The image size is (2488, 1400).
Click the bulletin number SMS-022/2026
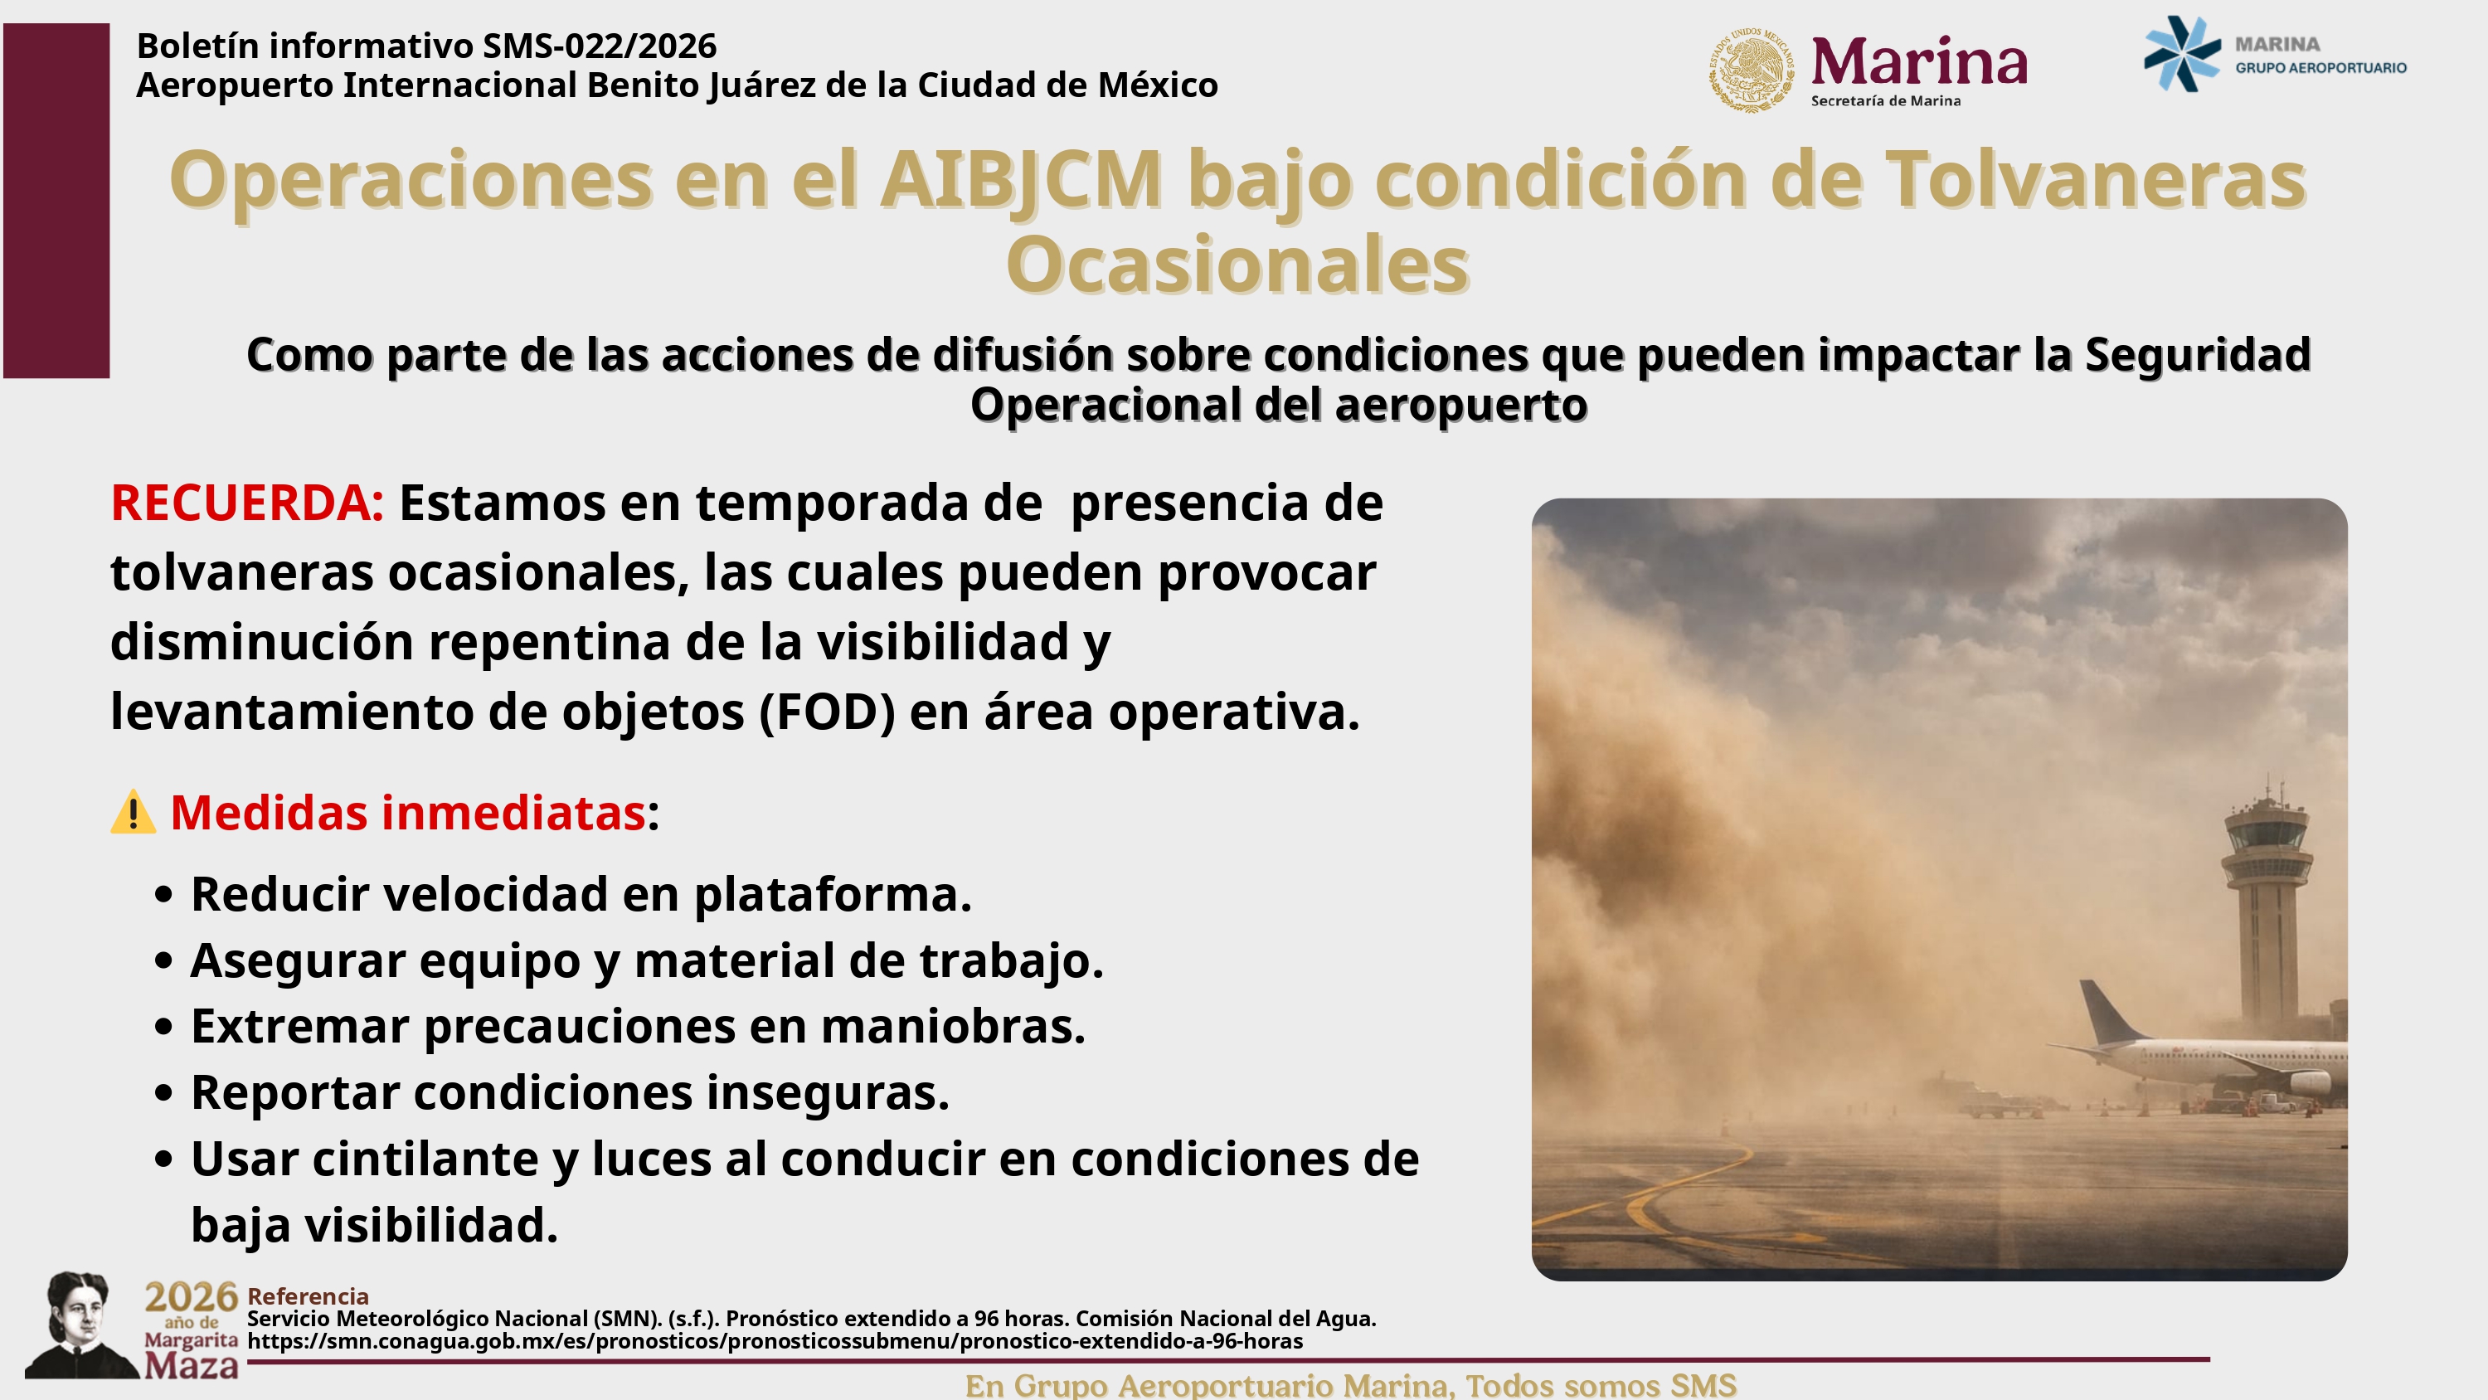pos(600,46)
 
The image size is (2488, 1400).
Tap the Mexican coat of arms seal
pos(1753,70)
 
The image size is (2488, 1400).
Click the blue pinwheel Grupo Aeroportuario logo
pos(2182,54)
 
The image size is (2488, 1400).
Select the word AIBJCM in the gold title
pos(1021,180)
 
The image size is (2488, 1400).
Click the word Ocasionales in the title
pos(1237,264)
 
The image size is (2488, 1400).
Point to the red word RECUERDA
pos(246,503)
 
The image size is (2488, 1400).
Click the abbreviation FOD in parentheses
pos(828,713)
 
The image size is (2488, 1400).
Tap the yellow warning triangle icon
pos(134,812)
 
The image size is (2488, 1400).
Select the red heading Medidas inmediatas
pos(407,813)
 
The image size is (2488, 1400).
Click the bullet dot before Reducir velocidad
pos(163,895)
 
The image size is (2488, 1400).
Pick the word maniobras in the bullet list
pos(952,1026)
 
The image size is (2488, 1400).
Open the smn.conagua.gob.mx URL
pos(775,1342)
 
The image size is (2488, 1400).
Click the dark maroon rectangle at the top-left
pos(56,200)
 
